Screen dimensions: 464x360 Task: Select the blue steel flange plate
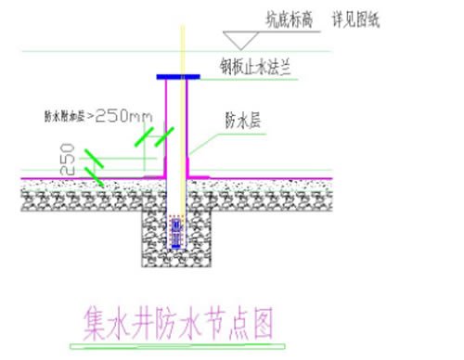tap(177, 77)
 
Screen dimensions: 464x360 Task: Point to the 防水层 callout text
tap(238, 120)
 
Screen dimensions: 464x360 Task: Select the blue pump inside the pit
tap(174, 230)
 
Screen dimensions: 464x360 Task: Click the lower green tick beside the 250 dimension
tap(94, 175)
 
